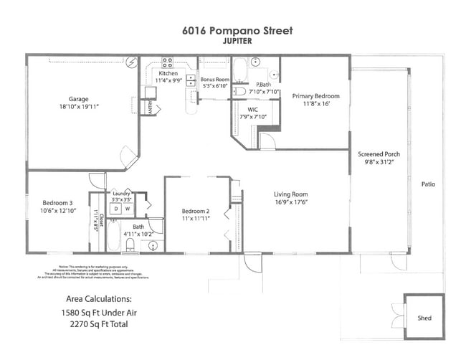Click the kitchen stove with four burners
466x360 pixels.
point(167,62)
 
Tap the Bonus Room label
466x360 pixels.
point(214,79)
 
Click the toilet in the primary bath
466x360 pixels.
point(241,91)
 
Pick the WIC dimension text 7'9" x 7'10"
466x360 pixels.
point(251,116)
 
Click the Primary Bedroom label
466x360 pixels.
point(315,95)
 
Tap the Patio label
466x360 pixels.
point(429,184)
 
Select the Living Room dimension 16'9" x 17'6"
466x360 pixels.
point(290,202)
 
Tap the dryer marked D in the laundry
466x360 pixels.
point(115,209)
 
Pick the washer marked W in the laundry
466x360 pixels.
point(128,209)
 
